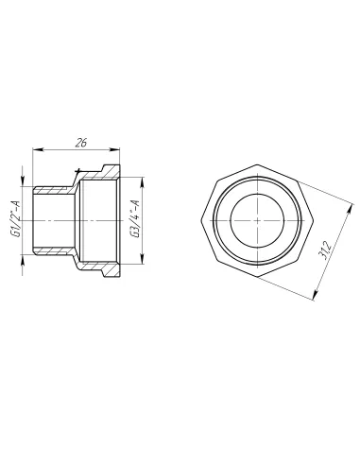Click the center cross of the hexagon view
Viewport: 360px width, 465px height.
255,219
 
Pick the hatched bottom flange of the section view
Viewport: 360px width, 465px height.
104,270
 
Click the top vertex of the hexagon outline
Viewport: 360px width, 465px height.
255,162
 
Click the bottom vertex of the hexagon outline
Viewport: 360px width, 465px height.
255,278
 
